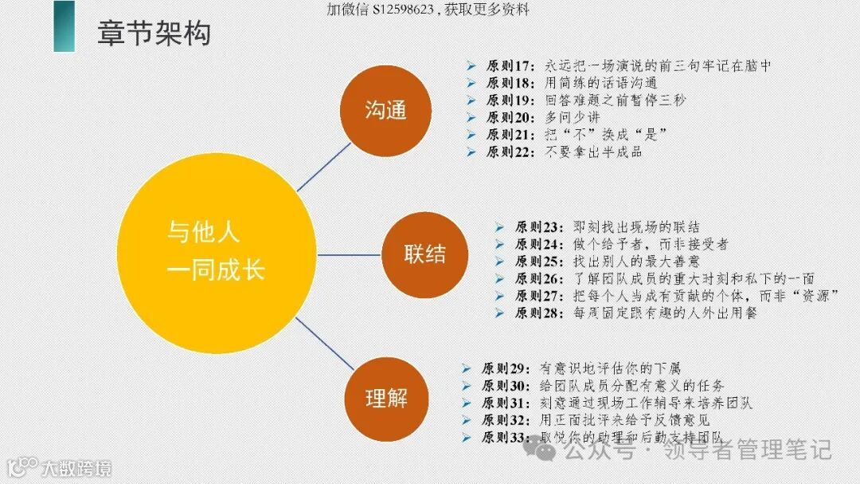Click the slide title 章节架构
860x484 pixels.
pyautogui.click(x=153, y=34)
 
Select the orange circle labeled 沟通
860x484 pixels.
pyautogui.click(x=386, y=111)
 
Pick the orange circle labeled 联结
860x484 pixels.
pyautogui.click(x=424, y=255)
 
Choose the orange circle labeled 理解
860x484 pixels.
pyautogui.click(x=386, y=398)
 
